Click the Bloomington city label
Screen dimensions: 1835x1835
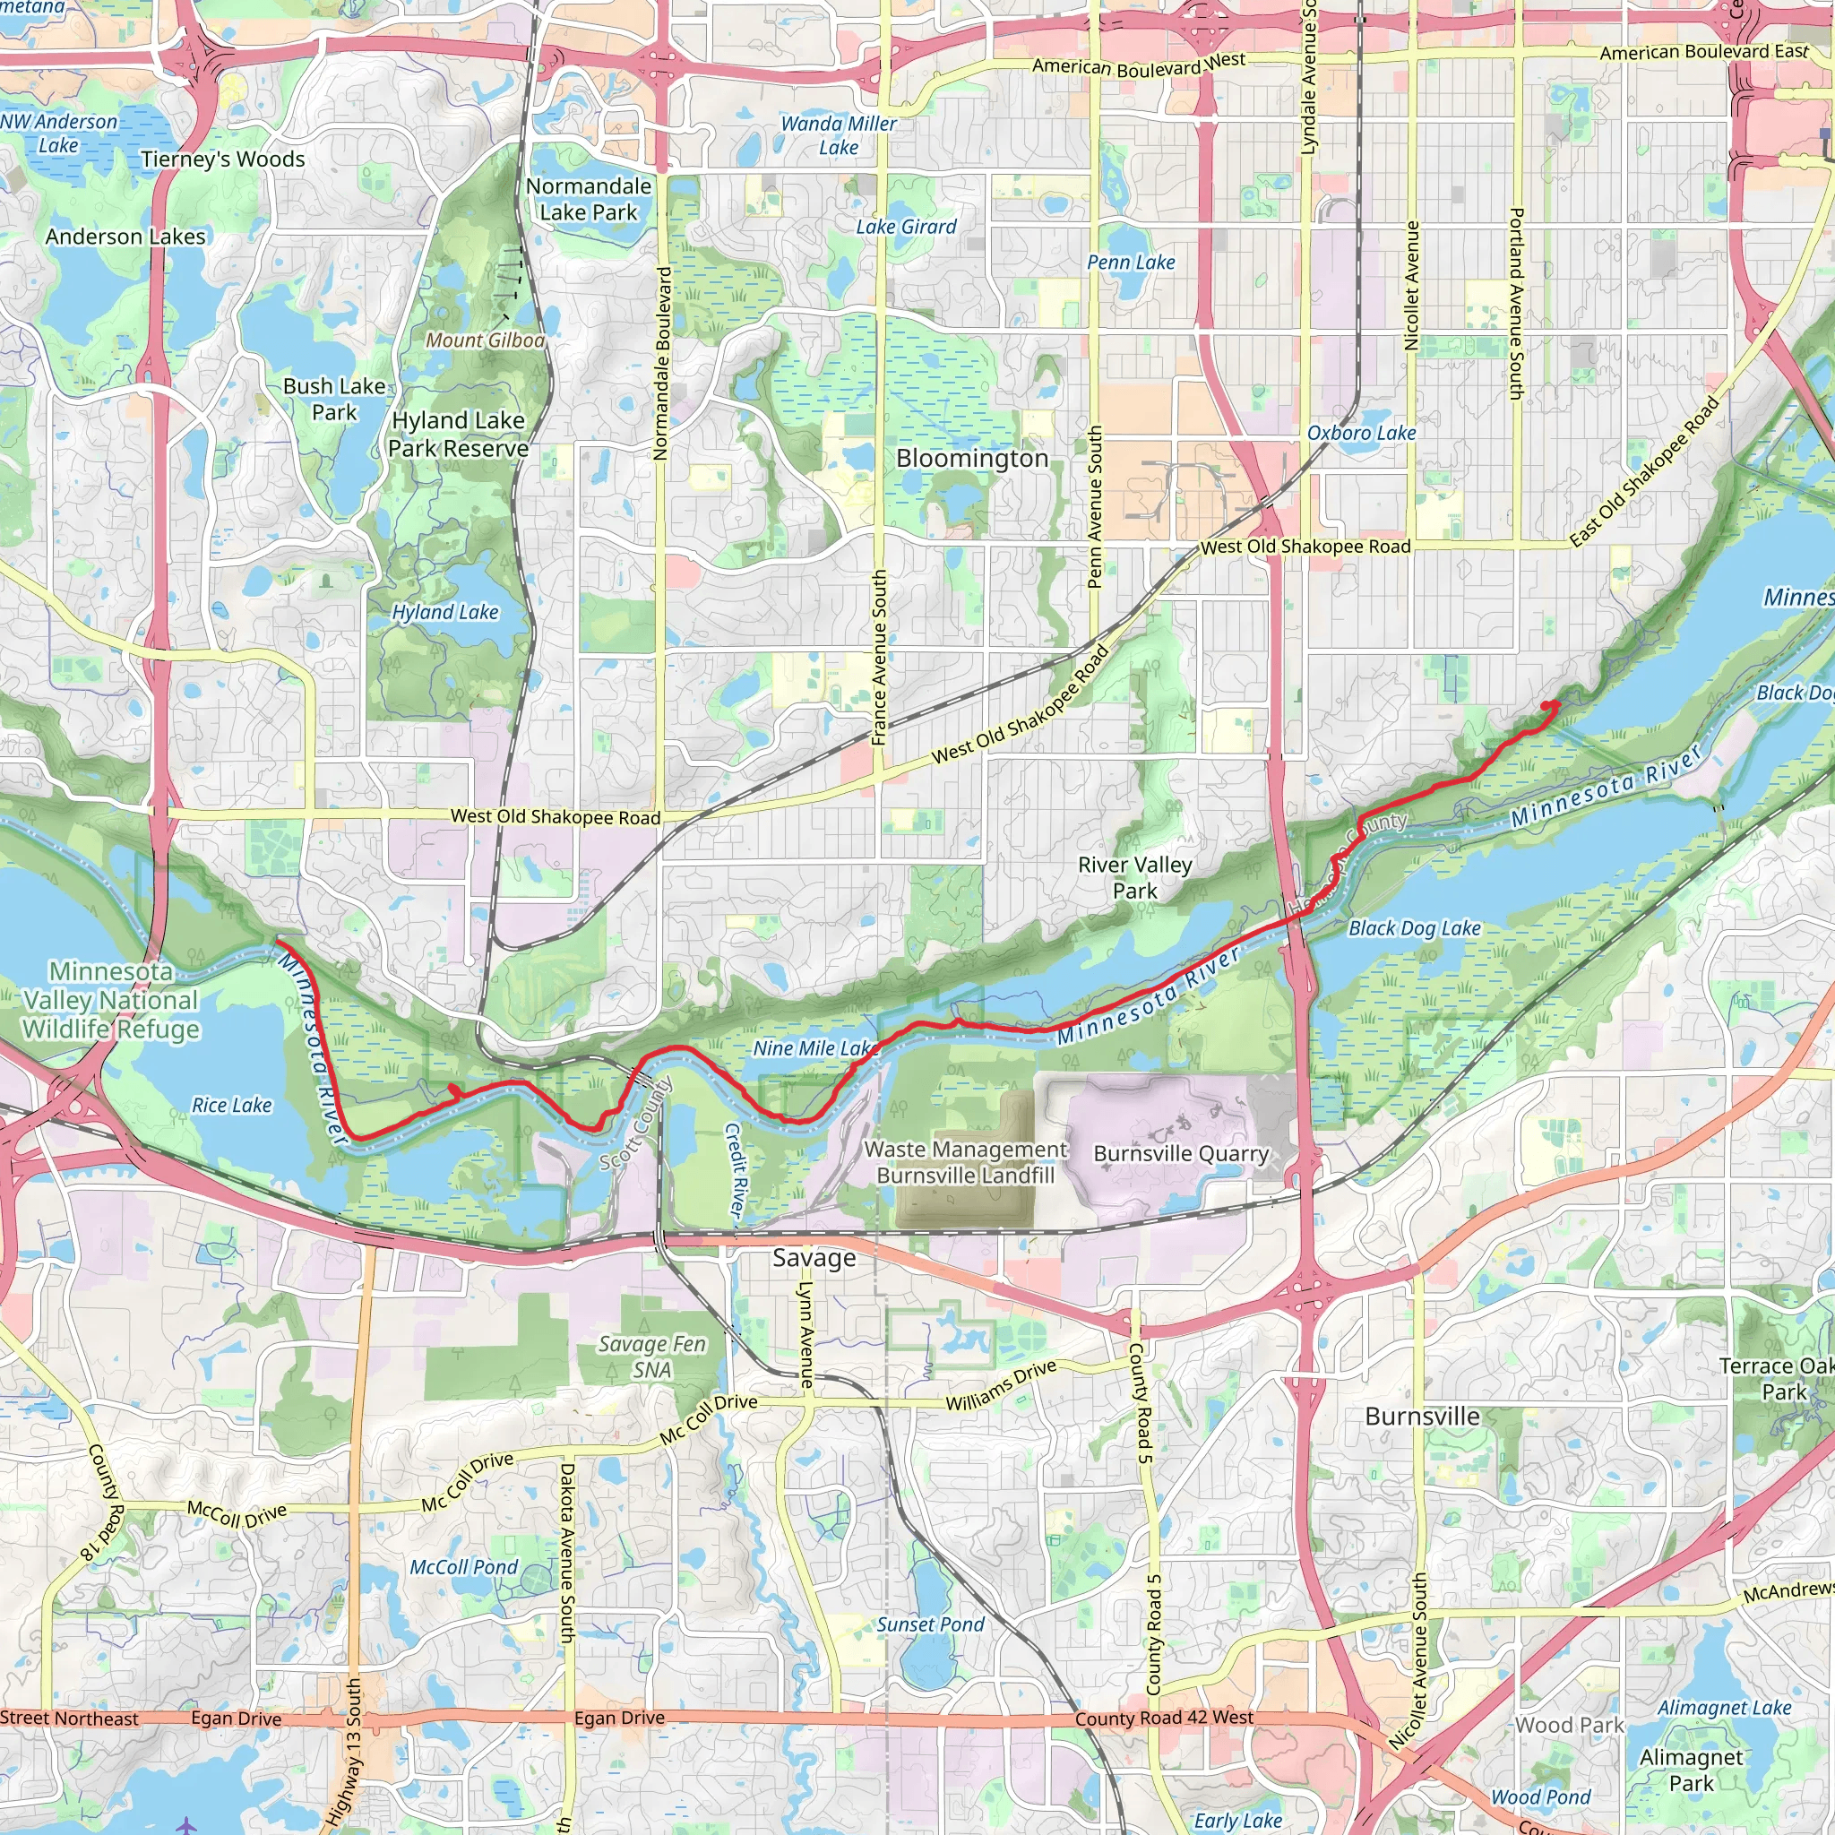971,458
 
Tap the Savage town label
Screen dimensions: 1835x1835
814,1259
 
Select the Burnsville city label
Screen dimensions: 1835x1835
1422,1417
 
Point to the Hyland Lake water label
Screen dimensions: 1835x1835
445,613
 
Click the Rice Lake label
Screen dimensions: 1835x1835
232,1106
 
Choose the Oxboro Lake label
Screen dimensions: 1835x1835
1361,433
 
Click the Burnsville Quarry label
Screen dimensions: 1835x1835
1181,1154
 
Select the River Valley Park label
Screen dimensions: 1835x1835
1134,877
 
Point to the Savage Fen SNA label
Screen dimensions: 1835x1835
651,1357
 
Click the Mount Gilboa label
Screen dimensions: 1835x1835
486,340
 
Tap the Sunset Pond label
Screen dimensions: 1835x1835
930,1625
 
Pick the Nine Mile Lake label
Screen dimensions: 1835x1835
813,1048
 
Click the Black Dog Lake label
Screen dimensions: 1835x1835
1414,929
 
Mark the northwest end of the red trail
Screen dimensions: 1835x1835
279,942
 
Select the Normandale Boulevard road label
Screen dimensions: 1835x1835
663,364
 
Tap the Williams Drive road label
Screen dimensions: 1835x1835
1001,1386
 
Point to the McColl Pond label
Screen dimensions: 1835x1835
463,1567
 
